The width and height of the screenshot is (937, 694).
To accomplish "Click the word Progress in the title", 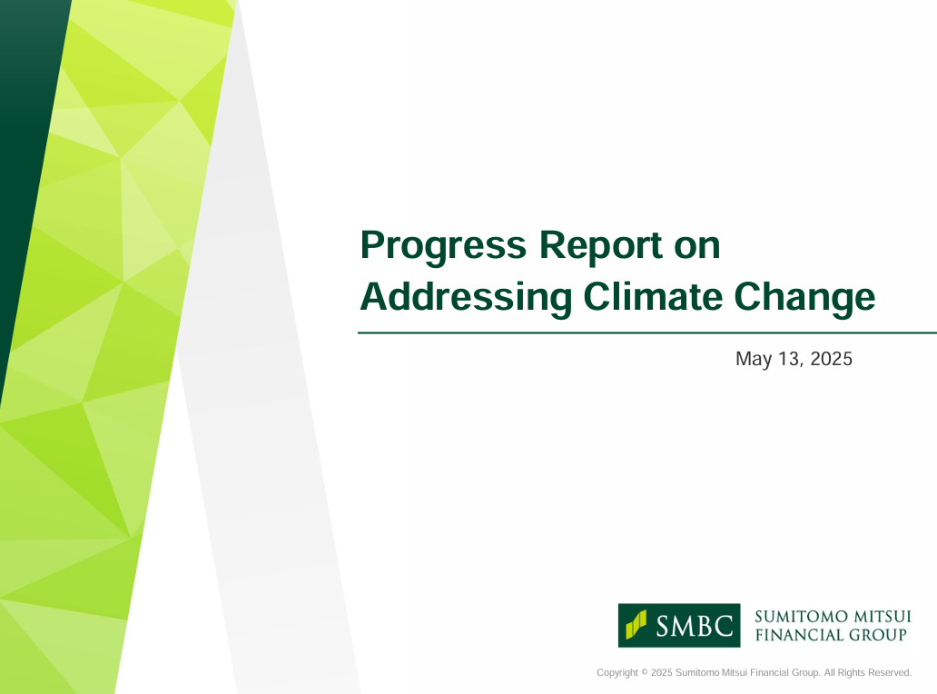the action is [x=443, y=247].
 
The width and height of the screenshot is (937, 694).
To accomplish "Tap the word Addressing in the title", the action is [x=466, y=298].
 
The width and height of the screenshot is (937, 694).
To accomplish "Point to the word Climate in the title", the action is [x=653, y=296].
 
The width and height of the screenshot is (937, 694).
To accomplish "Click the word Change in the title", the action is [x=804, y=298].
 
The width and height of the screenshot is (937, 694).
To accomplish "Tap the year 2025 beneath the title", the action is [x=832, y=359].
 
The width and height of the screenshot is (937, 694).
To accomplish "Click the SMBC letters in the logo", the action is [x=694, y=627].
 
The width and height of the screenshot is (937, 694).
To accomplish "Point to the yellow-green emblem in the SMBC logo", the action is [x=636, y=625].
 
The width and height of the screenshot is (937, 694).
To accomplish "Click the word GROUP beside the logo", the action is [x=878, y=635].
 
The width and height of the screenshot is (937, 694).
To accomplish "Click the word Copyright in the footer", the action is [x=617, y=673].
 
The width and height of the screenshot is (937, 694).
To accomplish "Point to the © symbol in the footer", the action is [x=645, y=672].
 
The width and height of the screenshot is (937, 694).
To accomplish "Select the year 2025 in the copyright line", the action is [x=662, y=672].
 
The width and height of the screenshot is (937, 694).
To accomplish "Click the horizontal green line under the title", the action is [x=647, y=333].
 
